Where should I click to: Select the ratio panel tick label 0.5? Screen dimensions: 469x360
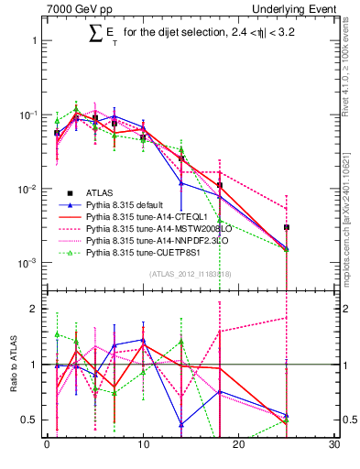click(29, 420)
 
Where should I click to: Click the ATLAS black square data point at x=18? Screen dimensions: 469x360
click(220, 185)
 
